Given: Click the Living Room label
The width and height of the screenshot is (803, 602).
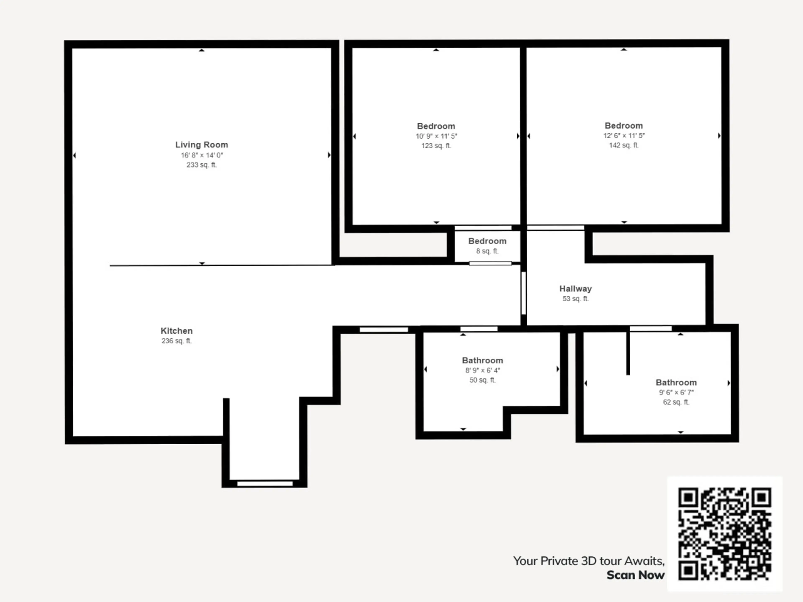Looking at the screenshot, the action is point(201,145).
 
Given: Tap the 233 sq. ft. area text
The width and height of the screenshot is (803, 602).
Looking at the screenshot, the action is point(201,165).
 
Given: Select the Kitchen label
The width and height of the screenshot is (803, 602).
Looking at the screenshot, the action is point(177,331).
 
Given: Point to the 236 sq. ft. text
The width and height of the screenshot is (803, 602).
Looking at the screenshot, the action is point(176,341).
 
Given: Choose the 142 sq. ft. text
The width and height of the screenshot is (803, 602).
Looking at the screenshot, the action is point(624,145).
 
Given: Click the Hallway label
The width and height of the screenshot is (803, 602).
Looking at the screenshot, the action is point(575,289).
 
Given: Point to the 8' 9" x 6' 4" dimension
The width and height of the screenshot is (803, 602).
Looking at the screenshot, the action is point(482,370).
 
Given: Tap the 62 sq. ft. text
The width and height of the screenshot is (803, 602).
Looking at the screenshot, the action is point(676,402).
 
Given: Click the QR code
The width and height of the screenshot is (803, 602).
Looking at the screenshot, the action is point(725,534).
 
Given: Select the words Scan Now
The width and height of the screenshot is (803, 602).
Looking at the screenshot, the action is point(636,575).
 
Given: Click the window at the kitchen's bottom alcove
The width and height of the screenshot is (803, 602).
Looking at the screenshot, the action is point(265,484).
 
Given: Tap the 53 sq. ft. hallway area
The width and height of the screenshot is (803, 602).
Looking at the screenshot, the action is point(575,299).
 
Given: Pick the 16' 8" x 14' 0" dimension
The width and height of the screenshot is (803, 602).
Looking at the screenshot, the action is point(202,155).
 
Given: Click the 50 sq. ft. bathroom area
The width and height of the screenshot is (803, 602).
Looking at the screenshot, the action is point(482,380).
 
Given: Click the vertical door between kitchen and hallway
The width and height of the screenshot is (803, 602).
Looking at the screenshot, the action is point(523,293).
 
